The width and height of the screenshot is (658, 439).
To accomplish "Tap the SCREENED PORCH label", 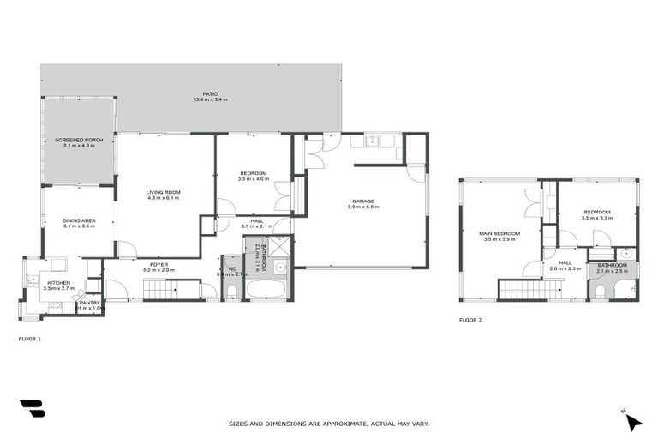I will click(x=78, y=140).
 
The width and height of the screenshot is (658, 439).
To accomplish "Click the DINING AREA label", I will click(x=78, y=220).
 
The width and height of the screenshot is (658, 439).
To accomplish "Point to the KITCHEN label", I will click(x=57, y=282).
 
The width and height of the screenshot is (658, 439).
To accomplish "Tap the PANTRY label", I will click(x=89, y=302).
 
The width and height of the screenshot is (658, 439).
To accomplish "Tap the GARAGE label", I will click(x=363, y=201).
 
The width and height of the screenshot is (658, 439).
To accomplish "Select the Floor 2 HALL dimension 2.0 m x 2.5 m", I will click(x=565, y=268).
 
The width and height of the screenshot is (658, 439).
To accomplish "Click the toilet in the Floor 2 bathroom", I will click(x=601, y=292).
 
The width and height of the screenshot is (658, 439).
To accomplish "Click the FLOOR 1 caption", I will click(x=30, y=339).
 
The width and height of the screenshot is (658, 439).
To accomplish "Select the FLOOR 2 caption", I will click(x=470, y=320).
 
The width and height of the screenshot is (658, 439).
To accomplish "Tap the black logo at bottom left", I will click(x=32, y=409).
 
